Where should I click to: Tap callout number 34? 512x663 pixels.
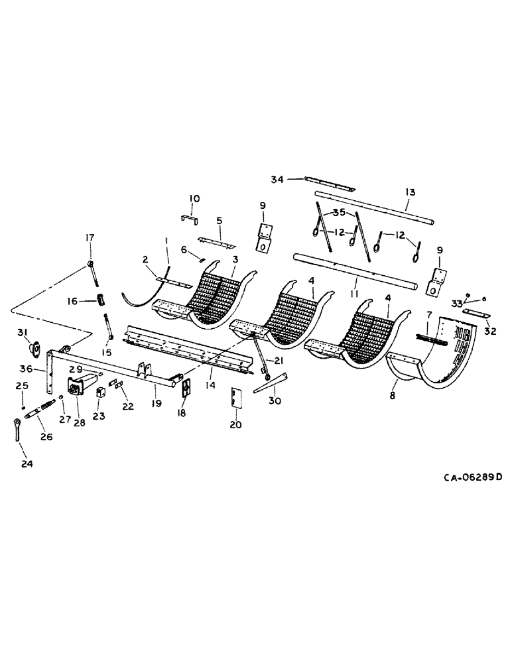(x=278, y=178)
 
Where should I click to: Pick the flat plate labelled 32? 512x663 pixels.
(x=476, y=314)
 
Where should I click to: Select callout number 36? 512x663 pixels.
(x=25, y=369)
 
